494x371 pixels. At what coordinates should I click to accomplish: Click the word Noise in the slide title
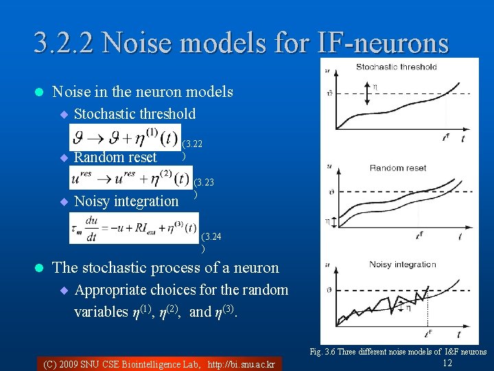tap(140, 43)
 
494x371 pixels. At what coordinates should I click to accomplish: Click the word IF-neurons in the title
tap(385, 43)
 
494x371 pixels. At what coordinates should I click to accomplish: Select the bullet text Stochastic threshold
tap(134, 114)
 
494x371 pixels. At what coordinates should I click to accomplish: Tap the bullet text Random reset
tap(115, 157)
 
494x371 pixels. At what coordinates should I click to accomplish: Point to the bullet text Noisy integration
tap(126, 201)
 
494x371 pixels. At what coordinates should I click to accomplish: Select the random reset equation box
tap(130, 179)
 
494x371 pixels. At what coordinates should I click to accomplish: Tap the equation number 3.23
tap(204, 183)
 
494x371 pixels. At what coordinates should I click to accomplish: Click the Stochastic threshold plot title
tap(396, 67)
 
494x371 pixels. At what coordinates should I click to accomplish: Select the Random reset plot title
tap(398, 168)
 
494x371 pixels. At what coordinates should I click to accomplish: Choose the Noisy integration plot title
tap(402, 265)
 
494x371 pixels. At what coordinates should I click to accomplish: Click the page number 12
tap(447, 363)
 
